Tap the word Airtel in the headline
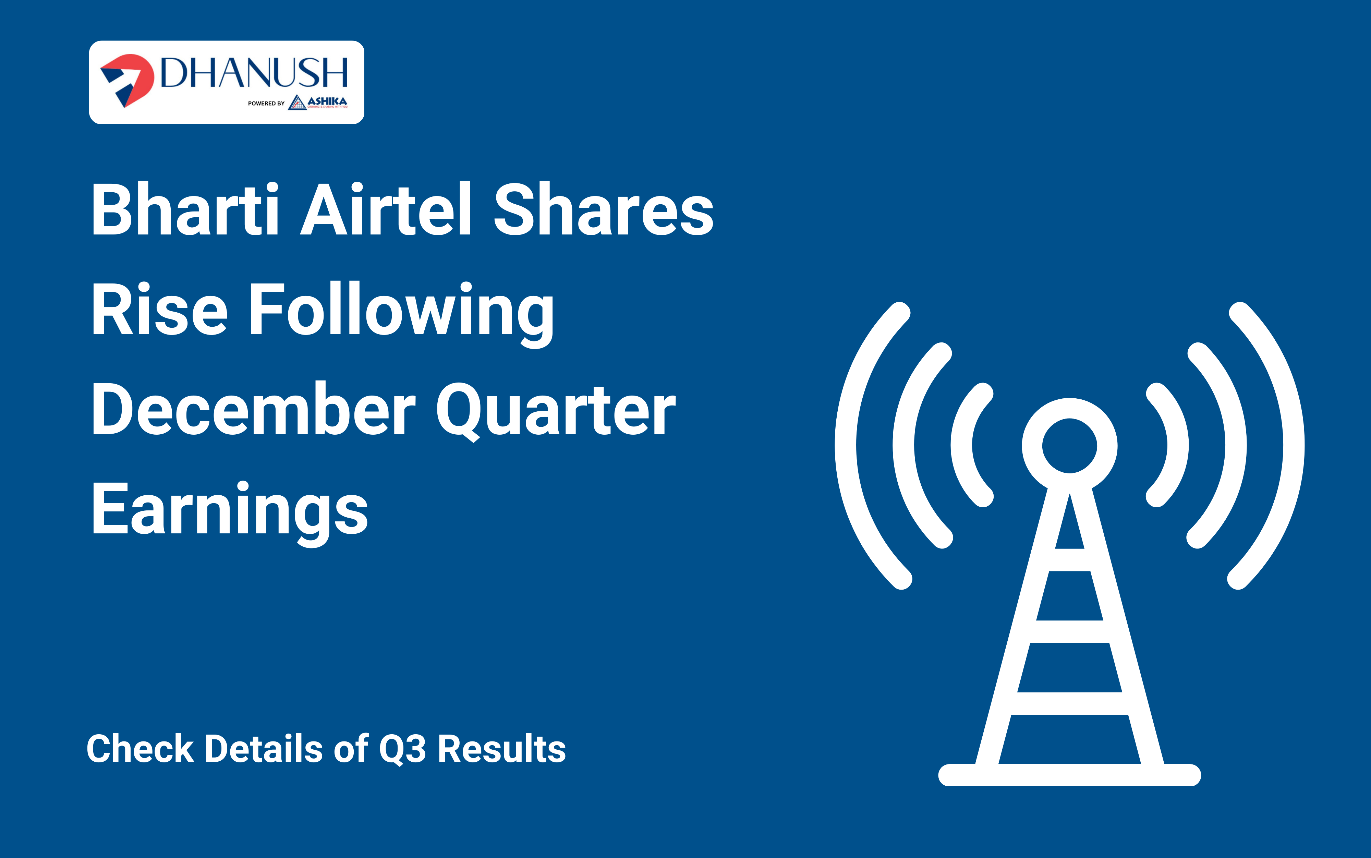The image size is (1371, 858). pyautogui.click(x=386, y=208)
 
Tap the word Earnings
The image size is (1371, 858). pyautogui.click(x=230, y=513)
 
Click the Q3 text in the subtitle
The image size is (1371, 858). pyautogui.click(x=402, y=749)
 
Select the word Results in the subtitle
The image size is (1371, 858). pyautogui.click(x=502, y=749)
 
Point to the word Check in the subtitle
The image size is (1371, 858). pyautogui.click(x=140, y=749)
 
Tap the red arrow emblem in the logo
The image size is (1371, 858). pyautogui.click(x=127, y=80)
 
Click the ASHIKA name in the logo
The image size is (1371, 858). pyautogui.click(x=327, y=101)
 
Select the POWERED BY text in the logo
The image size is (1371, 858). pyautogui.click(x=266, y=103)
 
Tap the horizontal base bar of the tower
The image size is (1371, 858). pyautogui.click(x=1070, y=775)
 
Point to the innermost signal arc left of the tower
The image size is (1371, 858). pyautogui.click(x=962, y=446)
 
